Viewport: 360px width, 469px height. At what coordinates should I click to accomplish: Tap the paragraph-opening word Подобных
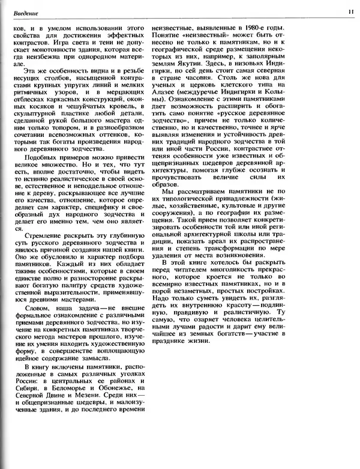click(x=39, y=166)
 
